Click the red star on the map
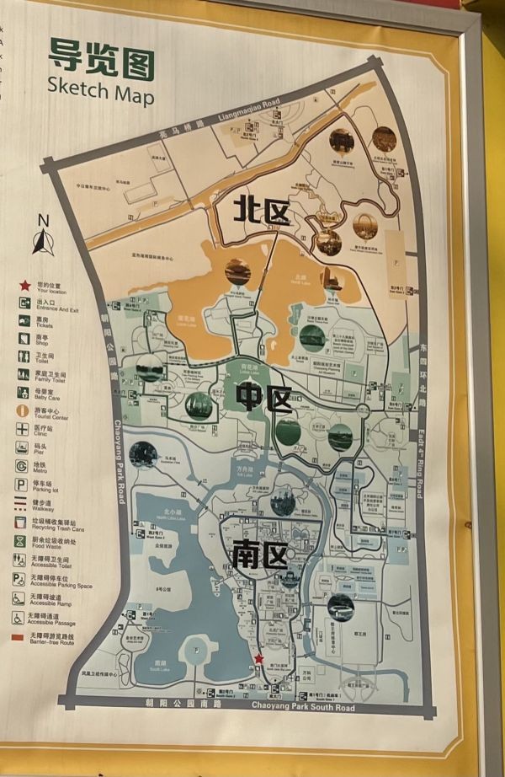[x=259, y=659]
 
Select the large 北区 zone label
[x=263, y=212]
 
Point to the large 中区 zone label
[x=264, y=398]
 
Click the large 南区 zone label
[x=258, y=554]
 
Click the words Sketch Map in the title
[x=100, y=88]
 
